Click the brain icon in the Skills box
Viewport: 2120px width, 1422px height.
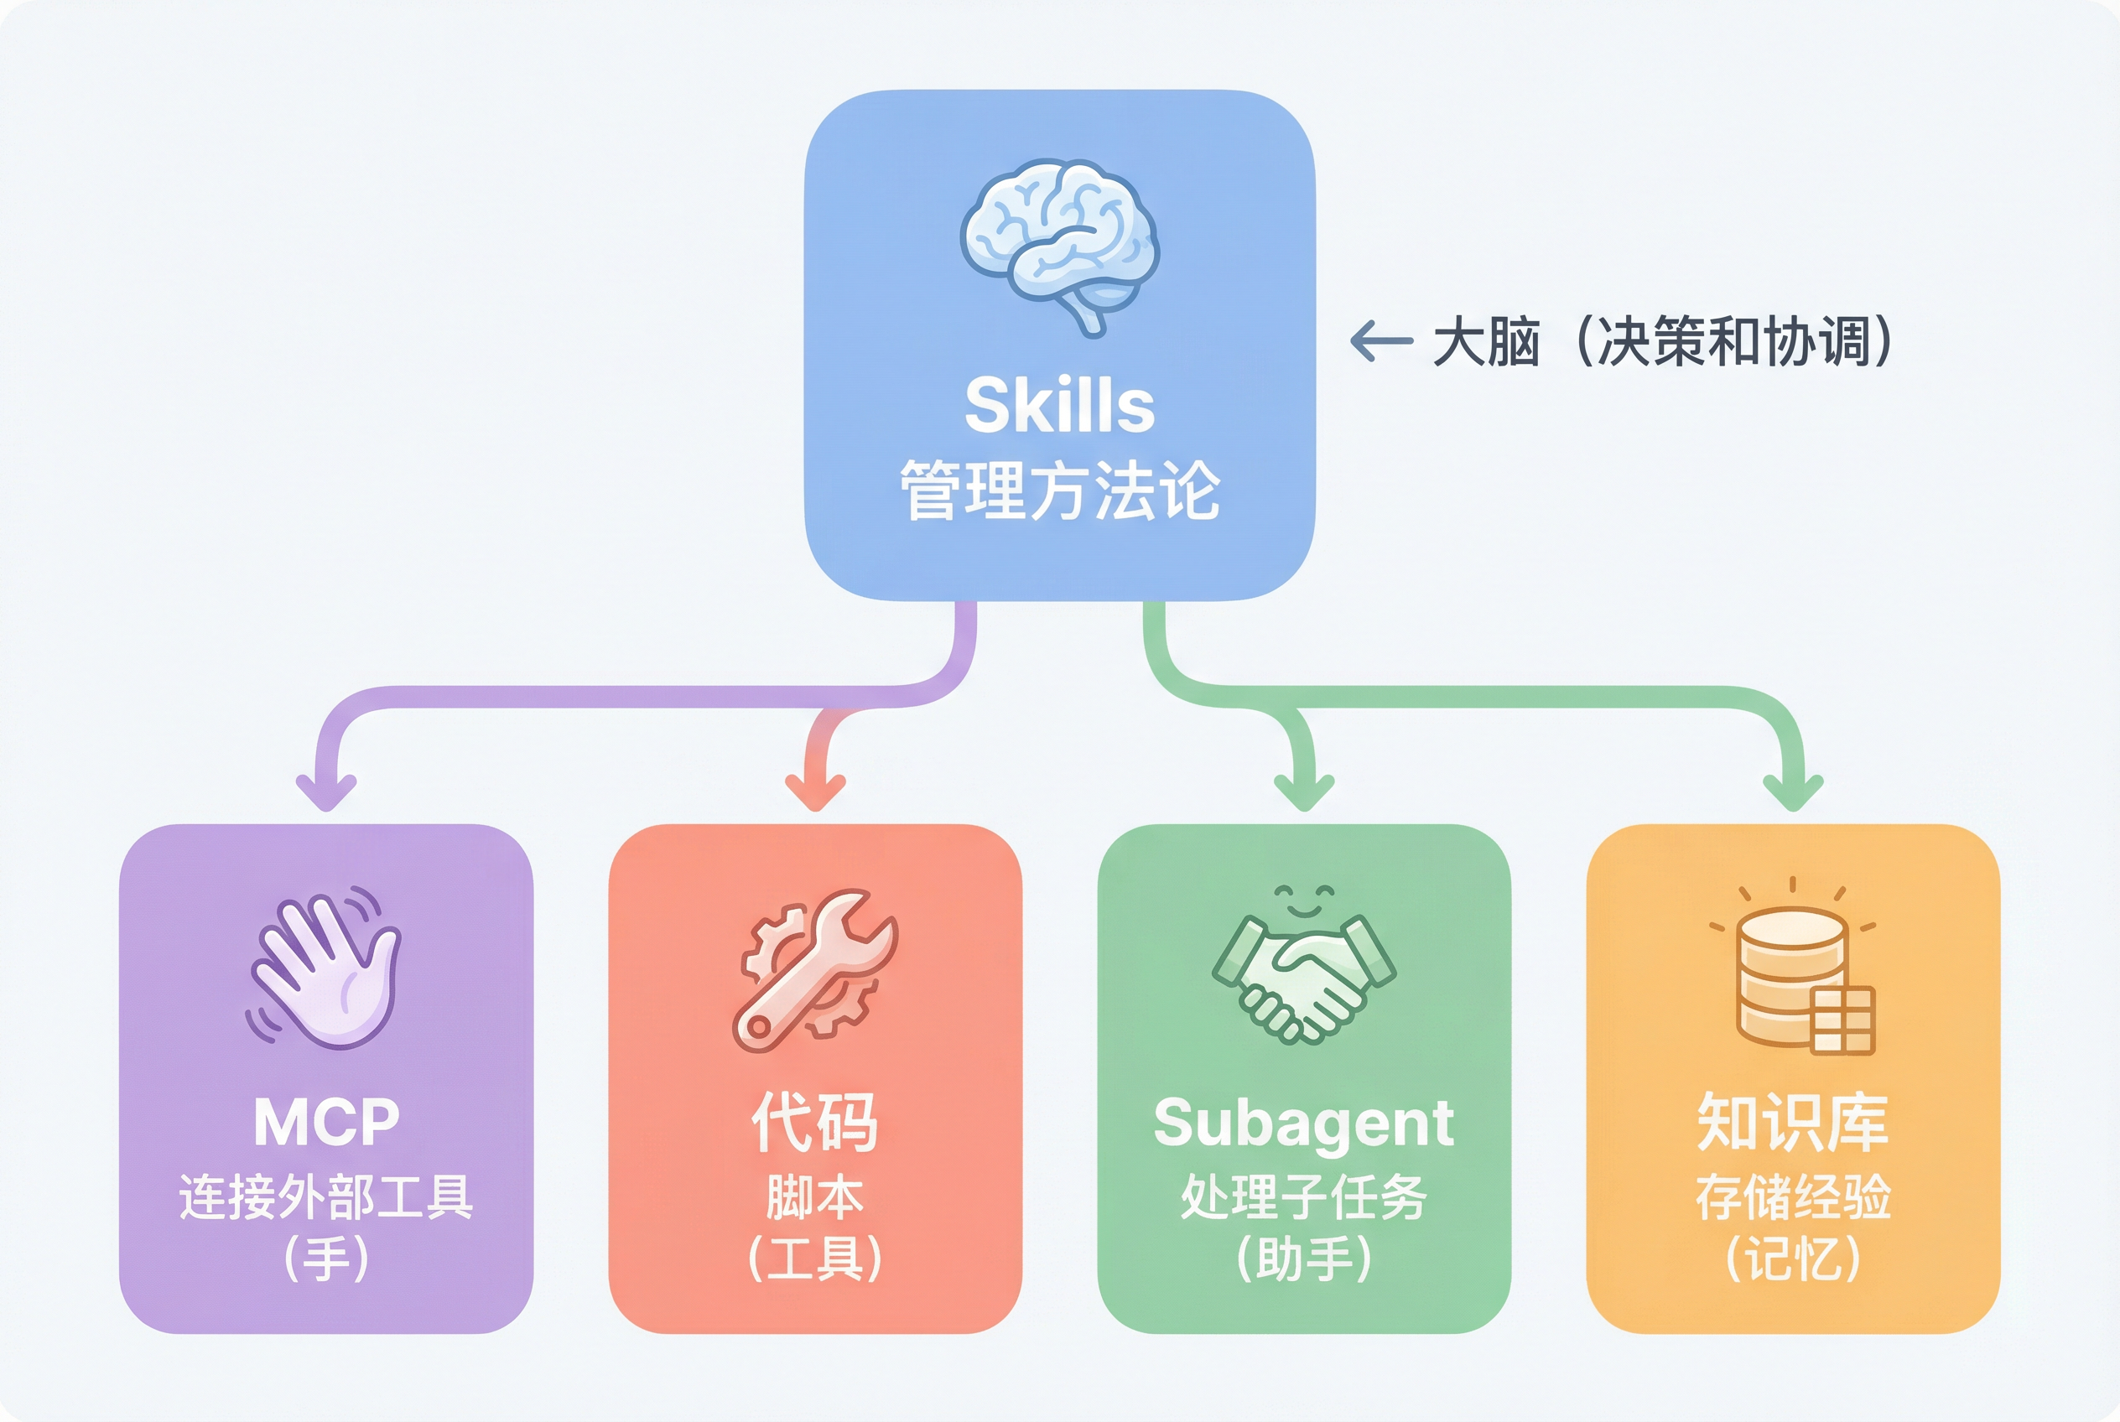1059,243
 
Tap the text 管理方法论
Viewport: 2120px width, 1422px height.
1059,490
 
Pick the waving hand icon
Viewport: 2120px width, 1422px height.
325,968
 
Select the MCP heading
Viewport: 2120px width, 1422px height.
325,1123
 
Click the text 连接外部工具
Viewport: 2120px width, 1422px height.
325,1197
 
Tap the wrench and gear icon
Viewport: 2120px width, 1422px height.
815,970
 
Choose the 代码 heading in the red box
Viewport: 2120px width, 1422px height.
814,1123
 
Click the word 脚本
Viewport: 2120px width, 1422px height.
814,1197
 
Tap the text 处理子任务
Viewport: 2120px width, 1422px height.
1303,1197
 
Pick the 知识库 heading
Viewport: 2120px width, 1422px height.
1792,1123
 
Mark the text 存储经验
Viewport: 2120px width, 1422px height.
1792,1197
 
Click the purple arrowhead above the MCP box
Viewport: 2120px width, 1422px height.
326,792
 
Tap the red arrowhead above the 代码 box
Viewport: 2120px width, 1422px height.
815,792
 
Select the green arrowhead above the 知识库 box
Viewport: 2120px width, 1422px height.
1792,792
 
